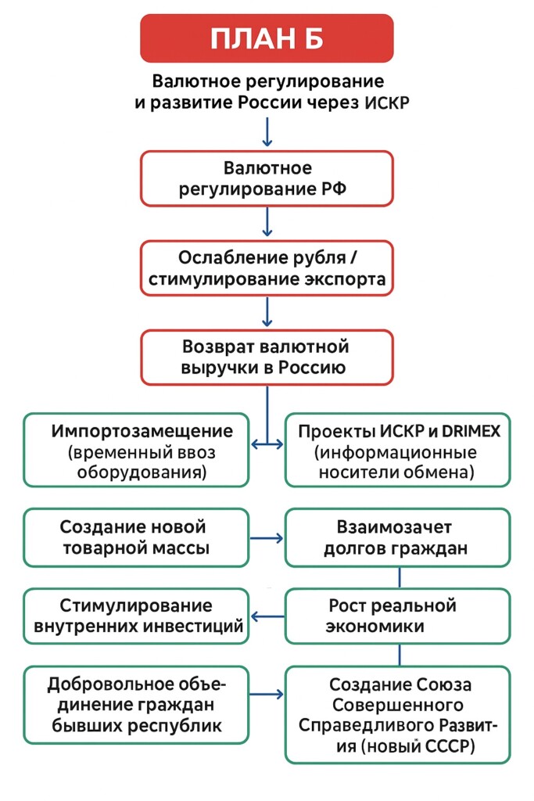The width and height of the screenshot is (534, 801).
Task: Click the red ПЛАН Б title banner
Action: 267,38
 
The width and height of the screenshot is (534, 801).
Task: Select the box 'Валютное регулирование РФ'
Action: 267,178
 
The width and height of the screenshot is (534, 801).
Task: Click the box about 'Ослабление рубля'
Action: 267,268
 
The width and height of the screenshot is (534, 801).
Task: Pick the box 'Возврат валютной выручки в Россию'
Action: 267,357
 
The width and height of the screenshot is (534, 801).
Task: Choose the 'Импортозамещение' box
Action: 136,449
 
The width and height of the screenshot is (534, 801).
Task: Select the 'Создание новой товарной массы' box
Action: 136,537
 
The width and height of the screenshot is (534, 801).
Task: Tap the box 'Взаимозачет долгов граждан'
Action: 399,537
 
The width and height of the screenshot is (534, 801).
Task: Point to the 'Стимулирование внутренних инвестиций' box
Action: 136,616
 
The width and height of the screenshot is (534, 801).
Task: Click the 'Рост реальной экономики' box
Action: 399,616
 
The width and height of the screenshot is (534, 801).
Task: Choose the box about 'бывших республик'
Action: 136,704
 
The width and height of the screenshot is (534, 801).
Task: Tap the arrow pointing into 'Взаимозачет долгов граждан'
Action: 267,538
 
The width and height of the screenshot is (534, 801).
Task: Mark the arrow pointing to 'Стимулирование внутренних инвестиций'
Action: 267,616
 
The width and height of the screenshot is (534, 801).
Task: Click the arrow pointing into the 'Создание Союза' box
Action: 267,694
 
